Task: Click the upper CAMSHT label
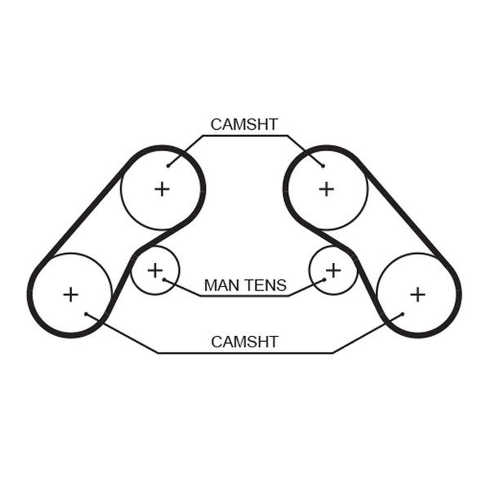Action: pyautogui.click(x=244, y=124)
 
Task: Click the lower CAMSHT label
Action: pyautogui.click(x=244, y=342)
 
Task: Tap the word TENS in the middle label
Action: pyautogui.click(x=265, y=285)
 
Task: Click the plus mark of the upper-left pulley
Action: pyautogui.click(x=162, y=189)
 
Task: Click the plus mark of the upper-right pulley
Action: pyautogui.click(x=326, y=189)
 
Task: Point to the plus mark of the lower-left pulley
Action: pyautogui.click(x=70, y=295)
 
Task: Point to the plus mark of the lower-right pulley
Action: pyautogui.click(x=418, y=295)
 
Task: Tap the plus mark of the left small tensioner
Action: pyautogui.click(x=155, y=270)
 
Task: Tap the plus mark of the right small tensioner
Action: pyautogui.click(x=333, y=270)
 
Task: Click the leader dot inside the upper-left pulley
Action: pyautogui.click(x=168, y=166)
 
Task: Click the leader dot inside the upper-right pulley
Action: pyautogui.click(x=323, y=166)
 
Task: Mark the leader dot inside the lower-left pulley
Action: pyautogui.click(x=86, y=314)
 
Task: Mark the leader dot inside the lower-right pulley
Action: pyautogui.click(x=402, y=314)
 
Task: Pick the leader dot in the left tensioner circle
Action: pyautogui.click(x=164, y=280)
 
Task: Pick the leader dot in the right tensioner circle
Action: pyautogui.click(x=325, y=280)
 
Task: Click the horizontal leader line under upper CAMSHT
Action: pyautogui.click(x=245, y=135)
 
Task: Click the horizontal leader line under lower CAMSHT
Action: pyautogui.click(x=246, y=353)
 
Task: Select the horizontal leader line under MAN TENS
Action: pyautogui.click(x=244, y=296)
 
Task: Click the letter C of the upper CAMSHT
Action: pyautogui.click(x=216, y=124)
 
